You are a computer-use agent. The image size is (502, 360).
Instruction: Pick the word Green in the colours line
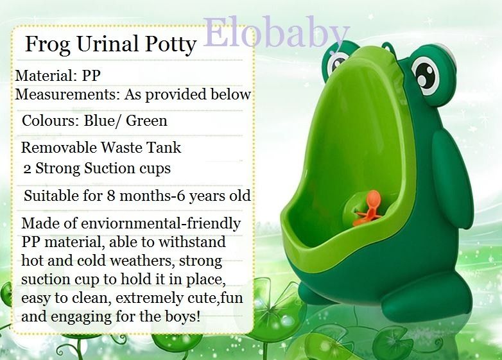(x=147, y=120)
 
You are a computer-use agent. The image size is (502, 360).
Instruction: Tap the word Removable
(x=58, y=147)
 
